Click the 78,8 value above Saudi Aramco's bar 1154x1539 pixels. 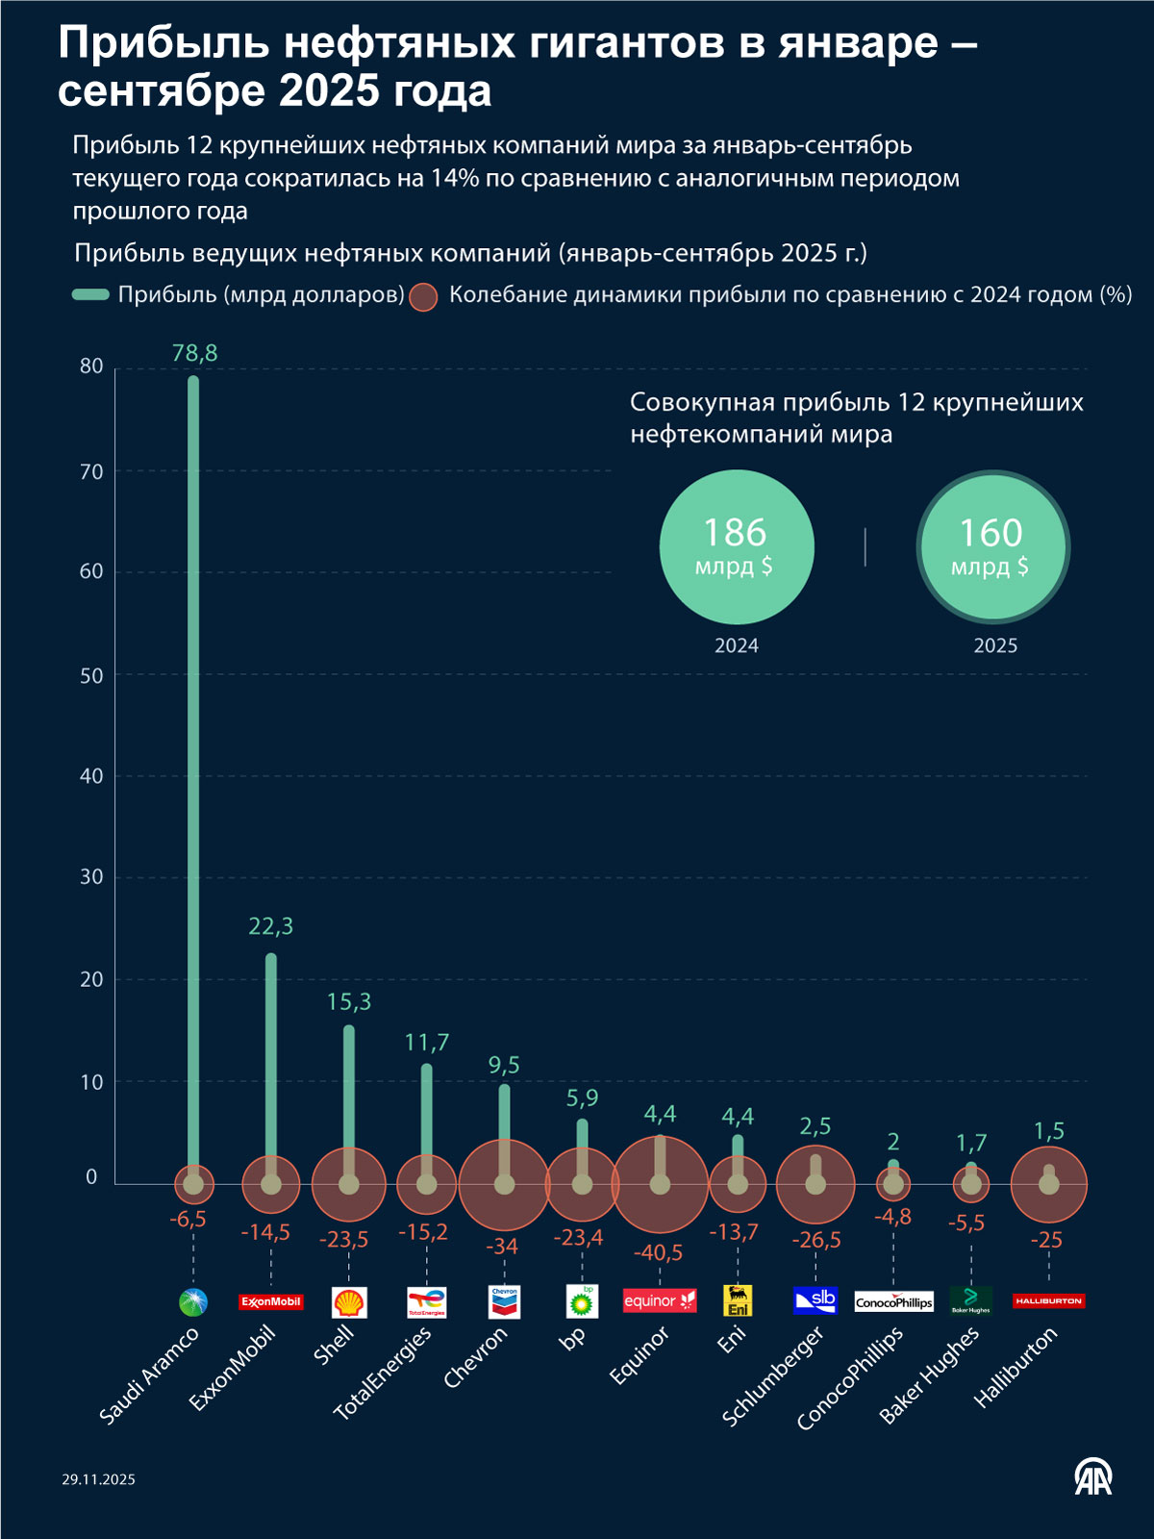pyautogui.click(x=194, y=353)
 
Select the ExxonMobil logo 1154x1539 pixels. pyautogui.click(x=270, y=1301)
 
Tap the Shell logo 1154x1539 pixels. pyautogui.click(x=349, y=1302)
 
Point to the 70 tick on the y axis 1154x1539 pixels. pyautogui.click(x=91, y=471)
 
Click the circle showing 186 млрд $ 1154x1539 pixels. pyautogui.click(x=737, y=546)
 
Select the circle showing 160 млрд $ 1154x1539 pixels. pyautogui.click(x=992, y=546)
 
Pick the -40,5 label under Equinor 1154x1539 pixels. pyautogui.click(x=658, y=1252)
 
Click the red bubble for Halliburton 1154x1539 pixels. pyautogui.click(x=1048, y=1184)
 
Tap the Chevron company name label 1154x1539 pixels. pyautogui.click(x=475, y=1357)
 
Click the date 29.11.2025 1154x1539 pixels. pyautogui.click(x=99, y=1479)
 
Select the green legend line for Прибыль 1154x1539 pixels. pyautogui.click(x=90, y=294)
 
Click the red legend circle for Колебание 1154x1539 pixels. pyautogui.click(x=423, y=296)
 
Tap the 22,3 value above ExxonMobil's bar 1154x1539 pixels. pyautogui.click(x=270, y=926)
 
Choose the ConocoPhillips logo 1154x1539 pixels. pyautogui.click(x=893, y=1301)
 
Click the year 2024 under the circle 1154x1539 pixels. pyautogui.click(x=737, y=645)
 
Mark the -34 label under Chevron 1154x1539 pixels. pyautogui.click(x=502, y=1247)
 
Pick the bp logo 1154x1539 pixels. pyautogui.click(x=582, y=1301)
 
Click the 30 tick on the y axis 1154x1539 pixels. pyautogui.click(x=91, y=876)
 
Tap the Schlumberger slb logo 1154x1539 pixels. pyautogui.click(x=815, y=1300)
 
